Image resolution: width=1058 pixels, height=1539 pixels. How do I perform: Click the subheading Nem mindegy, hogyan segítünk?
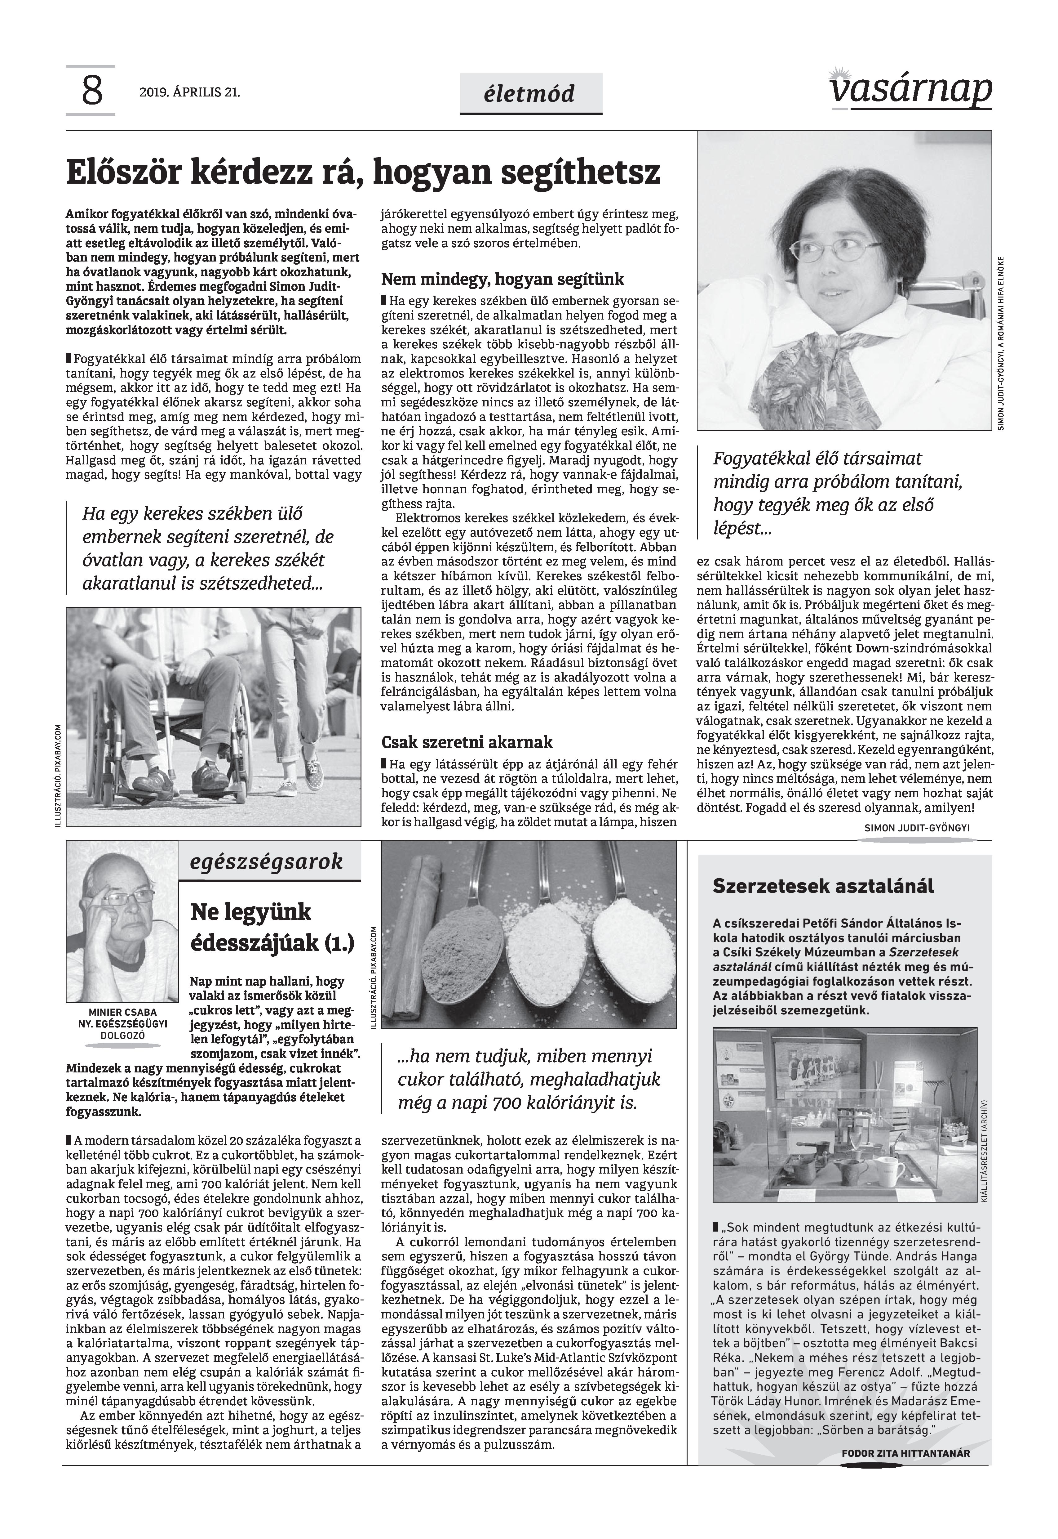coord(502,279)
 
